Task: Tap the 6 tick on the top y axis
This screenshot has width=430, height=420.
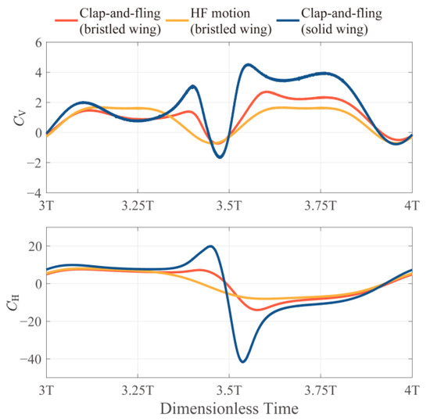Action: (34, 43)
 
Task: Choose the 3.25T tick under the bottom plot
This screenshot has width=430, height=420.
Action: (138, 389)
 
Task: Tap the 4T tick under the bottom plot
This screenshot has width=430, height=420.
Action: (412, 389)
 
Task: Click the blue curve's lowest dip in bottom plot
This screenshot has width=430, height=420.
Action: (243, 361)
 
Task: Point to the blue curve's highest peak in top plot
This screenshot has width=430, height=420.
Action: (248, 65)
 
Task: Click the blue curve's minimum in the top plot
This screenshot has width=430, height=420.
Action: (220, 157)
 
